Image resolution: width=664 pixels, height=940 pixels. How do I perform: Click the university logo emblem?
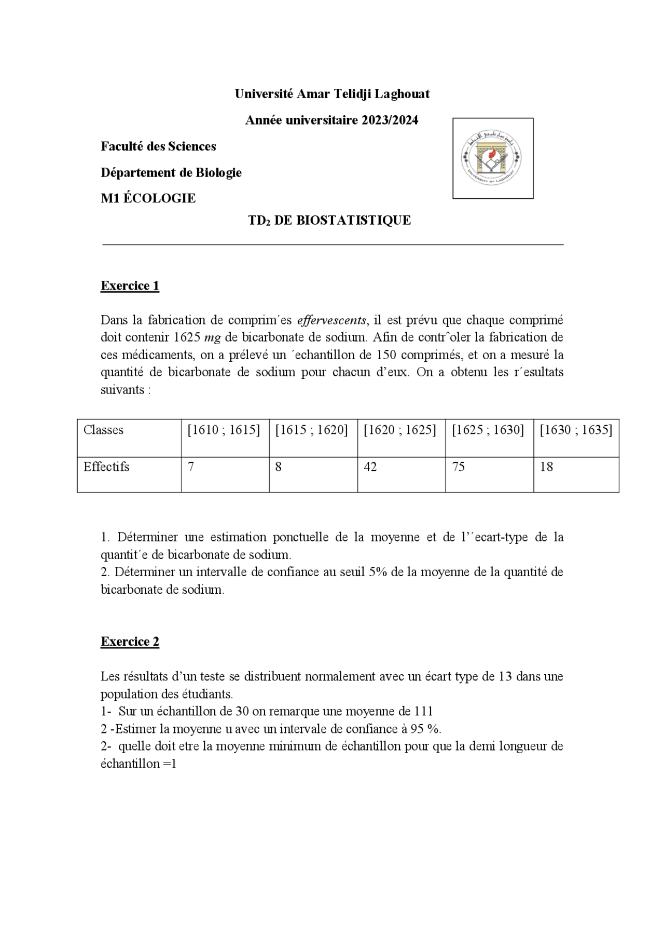pos(492,158)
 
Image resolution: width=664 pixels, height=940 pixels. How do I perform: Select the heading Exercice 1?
pos(130,286)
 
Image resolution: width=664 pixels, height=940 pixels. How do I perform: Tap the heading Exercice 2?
pos(130,642)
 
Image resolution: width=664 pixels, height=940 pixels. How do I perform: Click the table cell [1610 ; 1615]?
pos(224,430)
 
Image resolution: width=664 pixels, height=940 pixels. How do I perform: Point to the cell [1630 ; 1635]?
pos(576,430)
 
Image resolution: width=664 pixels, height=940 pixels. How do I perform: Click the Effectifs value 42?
pos(370,467)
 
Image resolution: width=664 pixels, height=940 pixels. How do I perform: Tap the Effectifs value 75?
pos(459,467)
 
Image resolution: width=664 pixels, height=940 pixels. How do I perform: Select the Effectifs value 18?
pos(547,467)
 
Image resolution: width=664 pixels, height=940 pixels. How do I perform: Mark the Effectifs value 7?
pos(191,467)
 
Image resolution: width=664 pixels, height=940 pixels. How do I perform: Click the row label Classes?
pos(104,430)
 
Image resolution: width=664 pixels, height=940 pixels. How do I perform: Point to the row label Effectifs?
pos(106,467)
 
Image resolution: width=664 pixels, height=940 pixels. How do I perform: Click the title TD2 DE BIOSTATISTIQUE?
pos(329,221)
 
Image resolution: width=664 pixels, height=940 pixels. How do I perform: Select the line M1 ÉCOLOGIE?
pos(148,198)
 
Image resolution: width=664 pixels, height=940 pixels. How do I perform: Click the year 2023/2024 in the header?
pos(390,120)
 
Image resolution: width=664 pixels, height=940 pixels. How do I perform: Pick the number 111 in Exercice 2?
pos(423,712)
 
